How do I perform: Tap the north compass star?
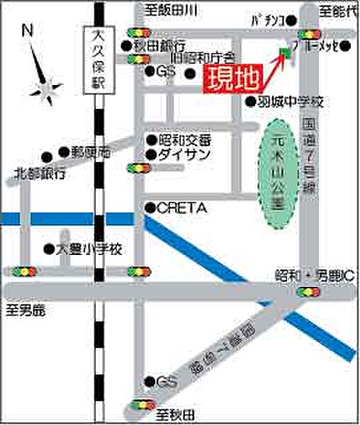tap(45, 89)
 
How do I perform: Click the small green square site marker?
tap(285, 52)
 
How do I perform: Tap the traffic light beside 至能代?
tap(309, 33)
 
